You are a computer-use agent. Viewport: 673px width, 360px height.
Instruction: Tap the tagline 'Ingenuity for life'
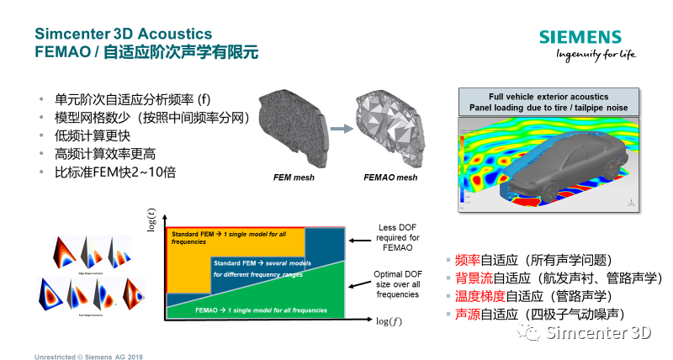pos(594,56)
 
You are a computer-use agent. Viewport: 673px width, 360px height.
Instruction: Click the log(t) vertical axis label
pos(153,224)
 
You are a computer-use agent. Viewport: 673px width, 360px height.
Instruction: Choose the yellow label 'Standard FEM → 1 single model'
pos(223,236)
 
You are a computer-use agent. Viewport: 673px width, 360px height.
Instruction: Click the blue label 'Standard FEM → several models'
pos(257,269)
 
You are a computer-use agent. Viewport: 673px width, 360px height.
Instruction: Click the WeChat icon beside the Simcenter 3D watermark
pos(529,334)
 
